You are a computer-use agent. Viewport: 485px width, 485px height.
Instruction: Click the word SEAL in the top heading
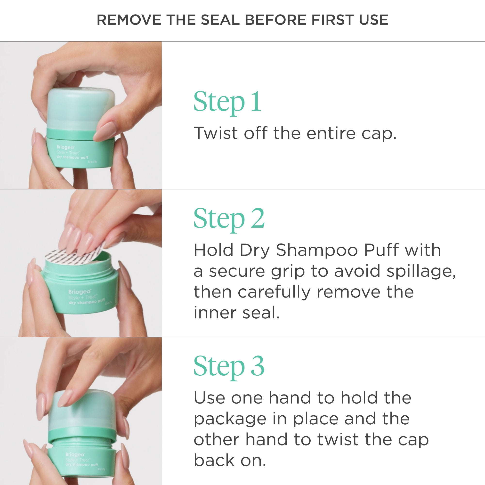click(x=220, y=20)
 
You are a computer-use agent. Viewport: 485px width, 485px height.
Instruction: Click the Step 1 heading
click(x=227, y=102)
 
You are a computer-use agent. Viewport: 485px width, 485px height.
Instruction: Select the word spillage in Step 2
click(x=421, y=272)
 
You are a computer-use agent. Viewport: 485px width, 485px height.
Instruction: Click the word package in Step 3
click(x=230, y=419)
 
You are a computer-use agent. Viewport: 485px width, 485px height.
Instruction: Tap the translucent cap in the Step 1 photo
click(x=80, y=108)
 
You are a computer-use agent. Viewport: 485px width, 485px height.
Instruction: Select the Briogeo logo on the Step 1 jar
click(x=65, y=147)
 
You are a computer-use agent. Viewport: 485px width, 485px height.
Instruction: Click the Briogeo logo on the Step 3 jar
click(x=75, y=455)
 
